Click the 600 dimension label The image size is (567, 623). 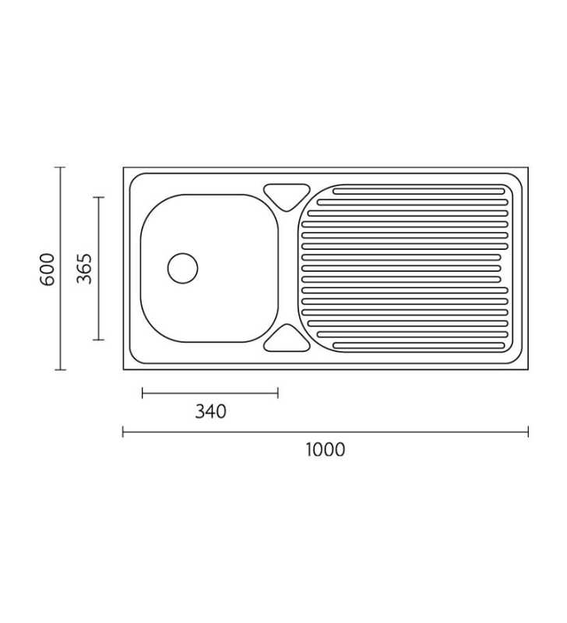tap(48, 269)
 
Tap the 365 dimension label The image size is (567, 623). tap(84, 269)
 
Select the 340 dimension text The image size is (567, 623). tap(210, 412)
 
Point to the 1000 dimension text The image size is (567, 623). tap(326, 450)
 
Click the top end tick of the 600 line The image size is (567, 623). tap(60, 167)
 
